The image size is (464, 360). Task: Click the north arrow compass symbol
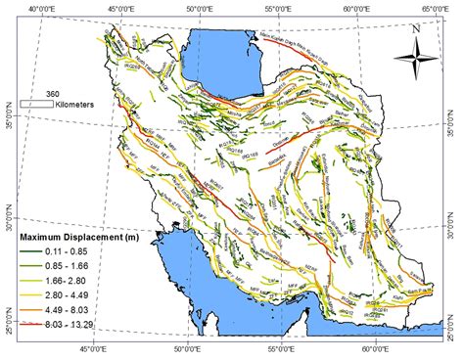pos(418,66)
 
